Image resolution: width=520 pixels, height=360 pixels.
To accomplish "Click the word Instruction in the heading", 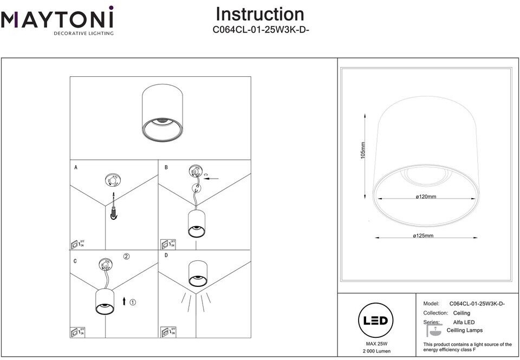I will [x=260, y=15].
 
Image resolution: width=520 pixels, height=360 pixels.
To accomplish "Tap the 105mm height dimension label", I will [x=363, y=150].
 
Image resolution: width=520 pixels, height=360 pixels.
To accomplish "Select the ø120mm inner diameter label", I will [x=426, y=197].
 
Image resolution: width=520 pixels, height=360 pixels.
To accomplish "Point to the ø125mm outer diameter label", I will [x=423, y=236].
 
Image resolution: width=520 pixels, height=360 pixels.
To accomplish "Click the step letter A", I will [x=75, y=168].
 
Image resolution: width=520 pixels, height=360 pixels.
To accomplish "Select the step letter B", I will [x=166, y=168].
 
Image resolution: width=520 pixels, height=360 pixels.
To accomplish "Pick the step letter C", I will [x=75, y=261].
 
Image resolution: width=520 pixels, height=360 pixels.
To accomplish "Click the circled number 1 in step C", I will [x=133, y=300].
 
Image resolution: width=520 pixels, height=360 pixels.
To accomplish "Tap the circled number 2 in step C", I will [x=126, y=257].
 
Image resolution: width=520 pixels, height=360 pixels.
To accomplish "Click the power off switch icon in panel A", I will [x=77, y=243].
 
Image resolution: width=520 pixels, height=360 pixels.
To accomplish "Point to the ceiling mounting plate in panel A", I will [x=113, y=180].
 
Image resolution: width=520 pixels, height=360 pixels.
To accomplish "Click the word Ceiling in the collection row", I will [x=461, y=313].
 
